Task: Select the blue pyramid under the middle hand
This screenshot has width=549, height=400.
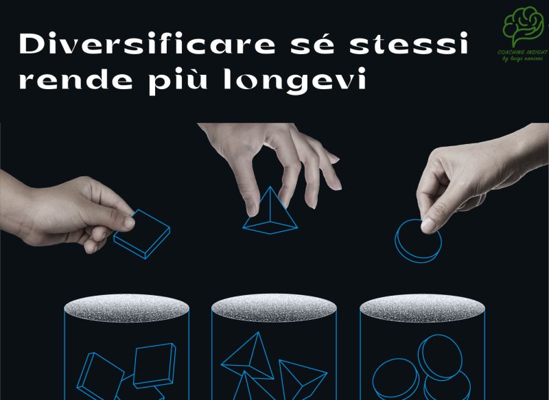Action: point(270,209)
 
